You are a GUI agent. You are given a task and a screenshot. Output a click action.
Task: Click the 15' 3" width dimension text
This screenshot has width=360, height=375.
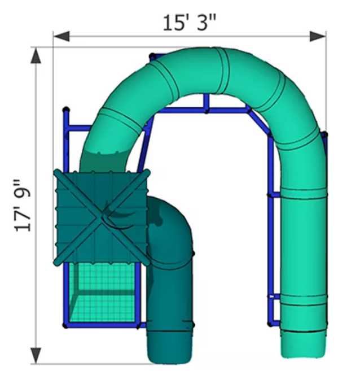pyautogui.click(x=190, y=23)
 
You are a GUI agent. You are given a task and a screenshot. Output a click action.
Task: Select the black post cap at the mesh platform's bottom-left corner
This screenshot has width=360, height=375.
pyautogui.click(x=65, y=325)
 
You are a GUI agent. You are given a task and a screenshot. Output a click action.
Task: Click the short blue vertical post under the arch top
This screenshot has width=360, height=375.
pyautogui.click(x=207, y=102)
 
